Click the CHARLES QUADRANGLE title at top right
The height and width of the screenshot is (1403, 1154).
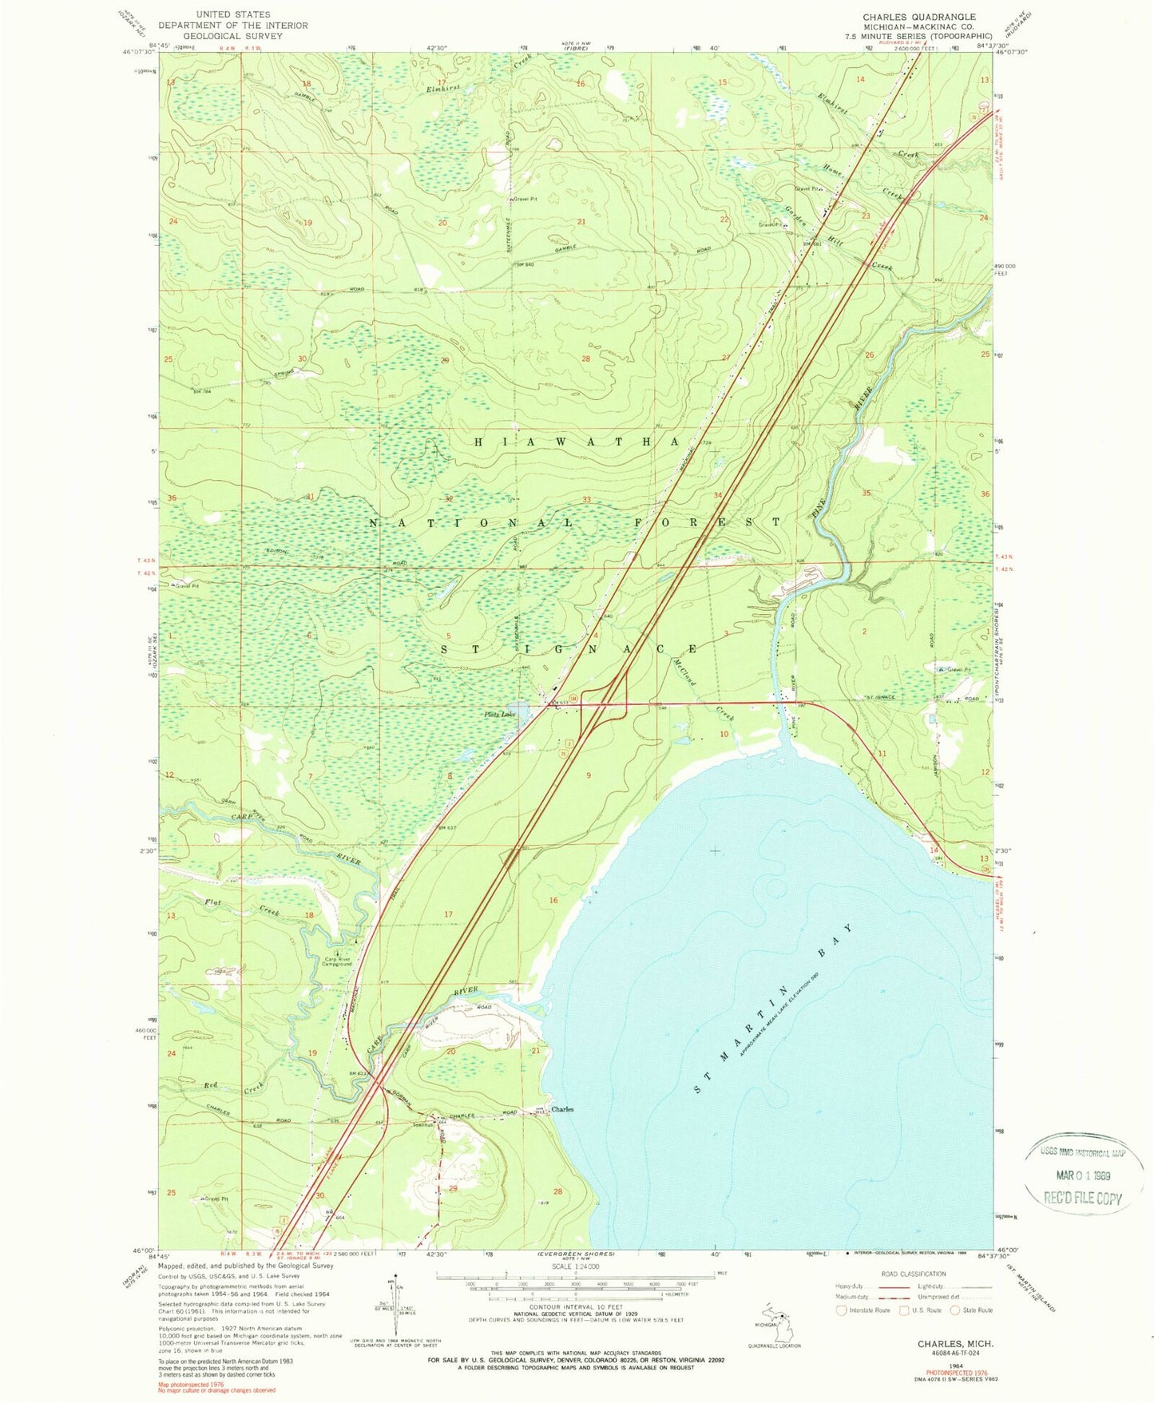click(918, 17)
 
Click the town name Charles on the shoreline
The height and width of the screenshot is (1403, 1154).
click(562, 1109)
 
